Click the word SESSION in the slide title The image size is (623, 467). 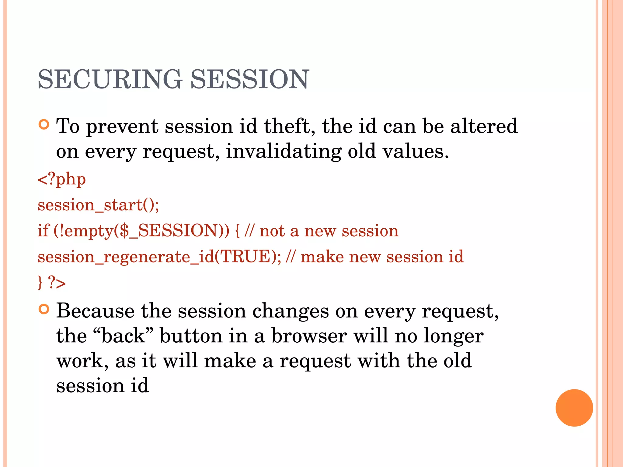pyautogui.click(x=249, y=79)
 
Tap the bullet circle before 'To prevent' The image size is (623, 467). pyautogui.click(x=44, y=125)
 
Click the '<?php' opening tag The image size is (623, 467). pyautogui.click(x=62, y=179)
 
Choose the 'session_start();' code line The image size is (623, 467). pyautogui.click(x=98, y=205)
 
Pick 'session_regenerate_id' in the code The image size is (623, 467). pyautogui.click(x=126, y=257)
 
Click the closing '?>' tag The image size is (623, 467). pyautogui.click(x=57, y=283)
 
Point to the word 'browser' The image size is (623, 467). pyautogui.click(x=309, y=336)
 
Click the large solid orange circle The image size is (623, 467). pyautogui.click(x=574, y=408)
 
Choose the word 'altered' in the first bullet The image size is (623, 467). pyautogui.click(x=484, y=126)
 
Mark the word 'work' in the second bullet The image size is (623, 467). pyautogui.click(x=82, y=361)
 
